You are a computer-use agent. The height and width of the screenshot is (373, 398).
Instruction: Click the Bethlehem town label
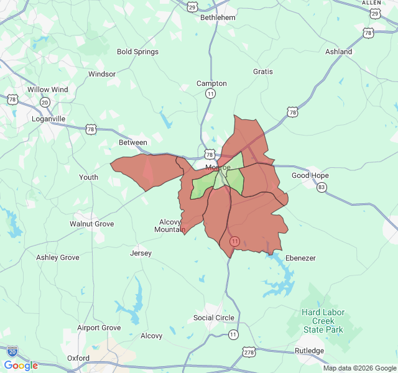pyautogui.click(x=218, y=17)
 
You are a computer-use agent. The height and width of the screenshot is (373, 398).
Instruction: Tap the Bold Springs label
pyautogui.click(x=137, y=52)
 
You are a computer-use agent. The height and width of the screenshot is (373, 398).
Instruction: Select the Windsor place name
pyautogui.click(x=102, y=74)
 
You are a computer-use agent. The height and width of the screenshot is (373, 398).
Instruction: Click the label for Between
pyautogui.click(x=133, y=142)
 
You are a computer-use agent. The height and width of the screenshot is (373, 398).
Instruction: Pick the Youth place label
pyautogui.click(x=88, y=177)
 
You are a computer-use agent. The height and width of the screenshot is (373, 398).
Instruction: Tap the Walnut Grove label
pyautogui.click(x=91, y=223)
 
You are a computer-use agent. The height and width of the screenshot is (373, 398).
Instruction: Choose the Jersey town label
pyautogui.click(x=141, y=253)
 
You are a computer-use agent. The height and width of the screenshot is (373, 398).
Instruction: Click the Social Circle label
pyautogui.click(x=214, y=318)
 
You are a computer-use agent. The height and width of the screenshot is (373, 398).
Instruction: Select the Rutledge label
pyautogui.click(x=309, y=351)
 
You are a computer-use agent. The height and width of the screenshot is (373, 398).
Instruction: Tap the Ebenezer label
pyautogui.click(x=301, y=258)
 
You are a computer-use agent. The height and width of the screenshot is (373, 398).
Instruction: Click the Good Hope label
pyautogui.click(x=310, y=175)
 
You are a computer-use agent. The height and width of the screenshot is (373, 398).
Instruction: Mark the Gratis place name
pyautogui.click(x=263, y=71)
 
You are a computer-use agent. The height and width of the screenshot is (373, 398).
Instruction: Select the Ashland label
pyautogui.click(x=339, y=52)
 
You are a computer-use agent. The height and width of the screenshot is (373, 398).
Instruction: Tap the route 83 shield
pyautogui.click(x=322, y=187)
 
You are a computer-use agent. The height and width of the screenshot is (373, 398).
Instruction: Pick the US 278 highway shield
pyautogui.click(x=249, y=352)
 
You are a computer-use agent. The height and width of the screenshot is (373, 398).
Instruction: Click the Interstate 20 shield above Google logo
pyautogui.click(x=12, y=351)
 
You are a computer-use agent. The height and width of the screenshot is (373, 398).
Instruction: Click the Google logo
pyautogui.click(x=21, y=366)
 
